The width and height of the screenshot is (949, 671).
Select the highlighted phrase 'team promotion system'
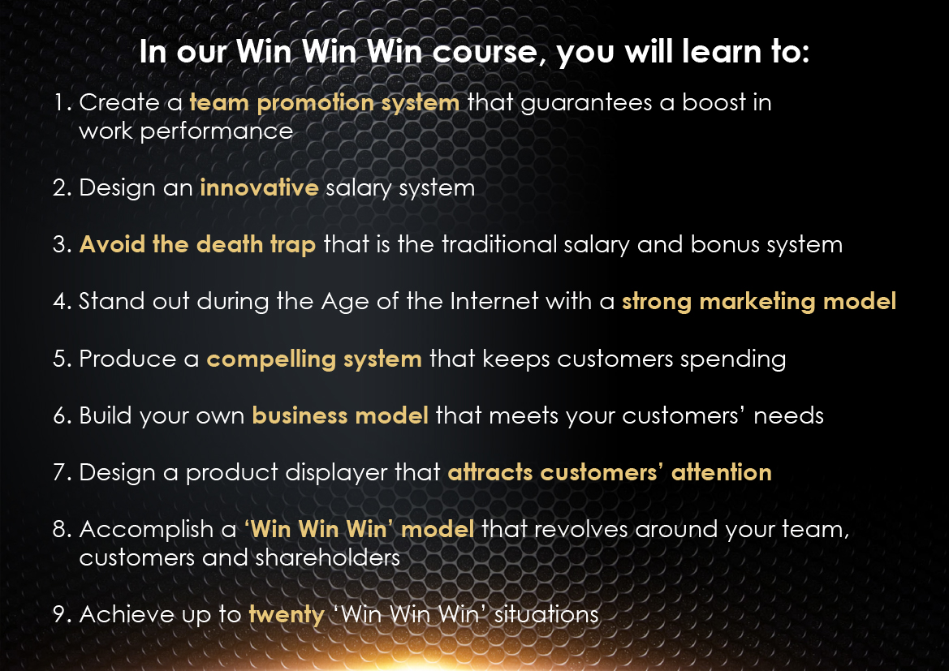(x=325, y=104)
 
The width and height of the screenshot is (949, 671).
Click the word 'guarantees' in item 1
(x=586, y=104)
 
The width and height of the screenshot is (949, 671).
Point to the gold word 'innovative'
(x=259, y=187)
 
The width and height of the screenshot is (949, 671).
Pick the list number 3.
(x=63, y=244)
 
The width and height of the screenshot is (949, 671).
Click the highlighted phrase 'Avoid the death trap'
(x=197, y=245)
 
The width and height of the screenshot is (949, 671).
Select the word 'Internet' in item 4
(x=494, y=301)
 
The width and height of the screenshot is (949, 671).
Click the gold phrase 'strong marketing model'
(x=759, y=302)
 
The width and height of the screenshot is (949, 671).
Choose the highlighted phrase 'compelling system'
(x=314, y=359)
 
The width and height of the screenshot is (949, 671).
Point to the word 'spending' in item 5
(x=733, y=359)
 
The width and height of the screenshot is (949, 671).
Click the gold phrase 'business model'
(x=340, y=415)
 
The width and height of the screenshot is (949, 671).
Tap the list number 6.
(x=63, y=415)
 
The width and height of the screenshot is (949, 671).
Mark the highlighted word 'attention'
(x=722, y=472)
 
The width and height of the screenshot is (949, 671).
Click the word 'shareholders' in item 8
(x=327, y=558)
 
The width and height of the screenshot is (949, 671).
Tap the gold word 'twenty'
(x=287, y=615)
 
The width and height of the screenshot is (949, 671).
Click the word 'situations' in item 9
(x=546, y=615)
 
